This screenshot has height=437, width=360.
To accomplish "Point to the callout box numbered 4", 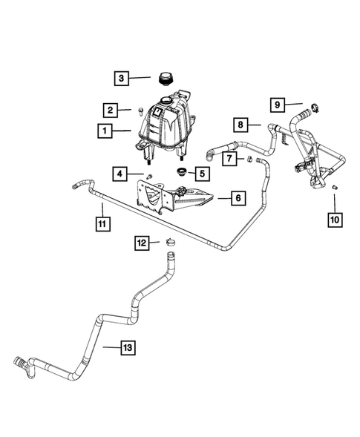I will point(120,174).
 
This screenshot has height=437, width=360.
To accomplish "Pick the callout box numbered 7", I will point(230,158).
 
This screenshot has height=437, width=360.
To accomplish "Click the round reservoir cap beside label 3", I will point(165,77).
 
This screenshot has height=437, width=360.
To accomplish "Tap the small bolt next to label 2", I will point(140,112).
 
